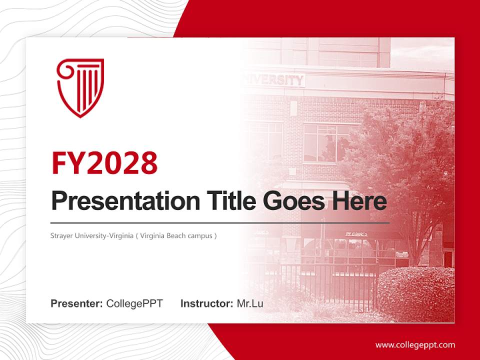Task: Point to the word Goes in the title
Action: (291, 201)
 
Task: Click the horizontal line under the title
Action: (220, 222)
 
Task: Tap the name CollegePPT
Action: (134, 303)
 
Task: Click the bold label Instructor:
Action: (206, 303)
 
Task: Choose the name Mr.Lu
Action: (249, 303)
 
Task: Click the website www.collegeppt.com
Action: (415, 344)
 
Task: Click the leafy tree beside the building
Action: (400, 165)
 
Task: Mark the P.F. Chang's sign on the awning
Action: (356, 233)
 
